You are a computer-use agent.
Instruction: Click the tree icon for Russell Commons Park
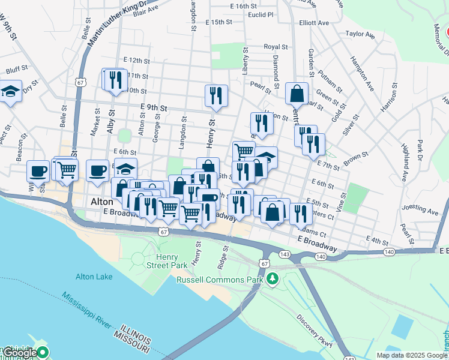pos(273,279)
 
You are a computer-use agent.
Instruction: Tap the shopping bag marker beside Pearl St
pos(297,93)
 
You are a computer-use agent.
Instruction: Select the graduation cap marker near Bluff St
pos(10,91)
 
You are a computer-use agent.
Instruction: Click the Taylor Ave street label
pos(360,35)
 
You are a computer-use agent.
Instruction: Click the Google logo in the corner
pos(20,353)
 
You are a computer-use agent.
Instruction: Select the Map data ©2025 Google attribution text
pos(412,355)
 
